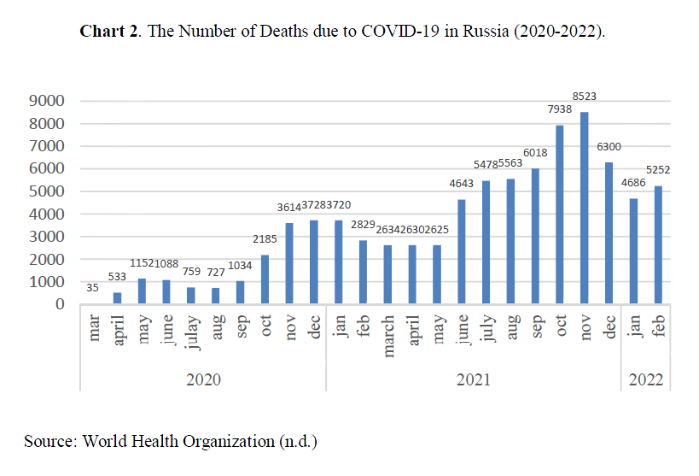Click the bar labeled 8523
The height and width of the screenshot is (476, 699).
[x=585, y=208]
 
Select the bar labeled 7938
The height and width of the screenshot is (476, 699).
[x=560, y=214]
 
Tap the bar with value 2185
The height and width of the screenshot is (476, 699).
[x=265, y=279]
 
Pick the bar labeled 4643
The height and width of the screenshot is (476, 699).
[x=462, y=252]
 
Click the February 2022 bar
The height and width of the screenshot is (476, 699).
[x=658, y=245]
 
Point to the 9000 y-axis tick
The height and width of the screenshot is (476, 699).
[x=48, y=102]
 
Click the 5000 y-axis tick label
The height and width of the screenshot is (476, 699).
[x=48, y=191]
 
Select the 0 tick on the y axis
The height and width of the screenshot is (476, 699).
[x=60, y=304]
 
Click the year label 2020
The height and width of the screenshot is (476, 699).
[x=203, y=379]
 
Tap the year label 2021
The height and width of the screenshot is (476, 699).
[x=473, y=379]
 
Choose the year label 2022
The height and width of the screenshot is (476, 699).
[x=645, y=379]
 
